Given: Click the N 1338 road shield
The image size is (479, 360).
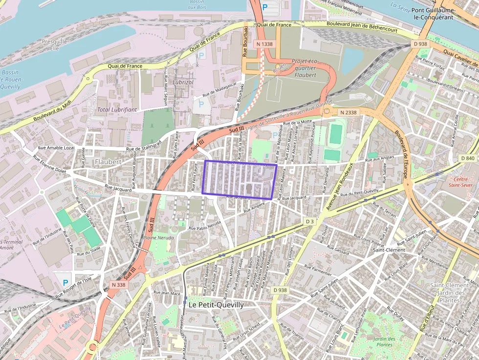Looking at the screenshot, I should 264,44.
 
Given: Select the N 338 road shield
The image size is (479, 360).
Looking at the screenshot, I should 118,285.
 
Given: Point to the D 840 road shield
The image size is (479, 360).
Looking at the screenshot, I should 468,158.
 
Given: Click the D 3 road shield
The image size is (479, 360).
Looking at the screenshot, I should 309,221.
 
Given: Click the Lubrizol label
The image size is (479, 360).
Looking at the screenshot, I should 184,83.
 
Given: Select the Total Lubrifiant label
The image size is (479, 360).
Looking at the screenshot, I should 117,110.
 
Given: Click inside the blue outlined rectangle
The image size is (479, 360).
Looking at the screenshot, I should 239,180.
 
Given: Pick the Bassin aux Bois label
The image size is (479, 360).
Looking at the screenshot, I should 197,4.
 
